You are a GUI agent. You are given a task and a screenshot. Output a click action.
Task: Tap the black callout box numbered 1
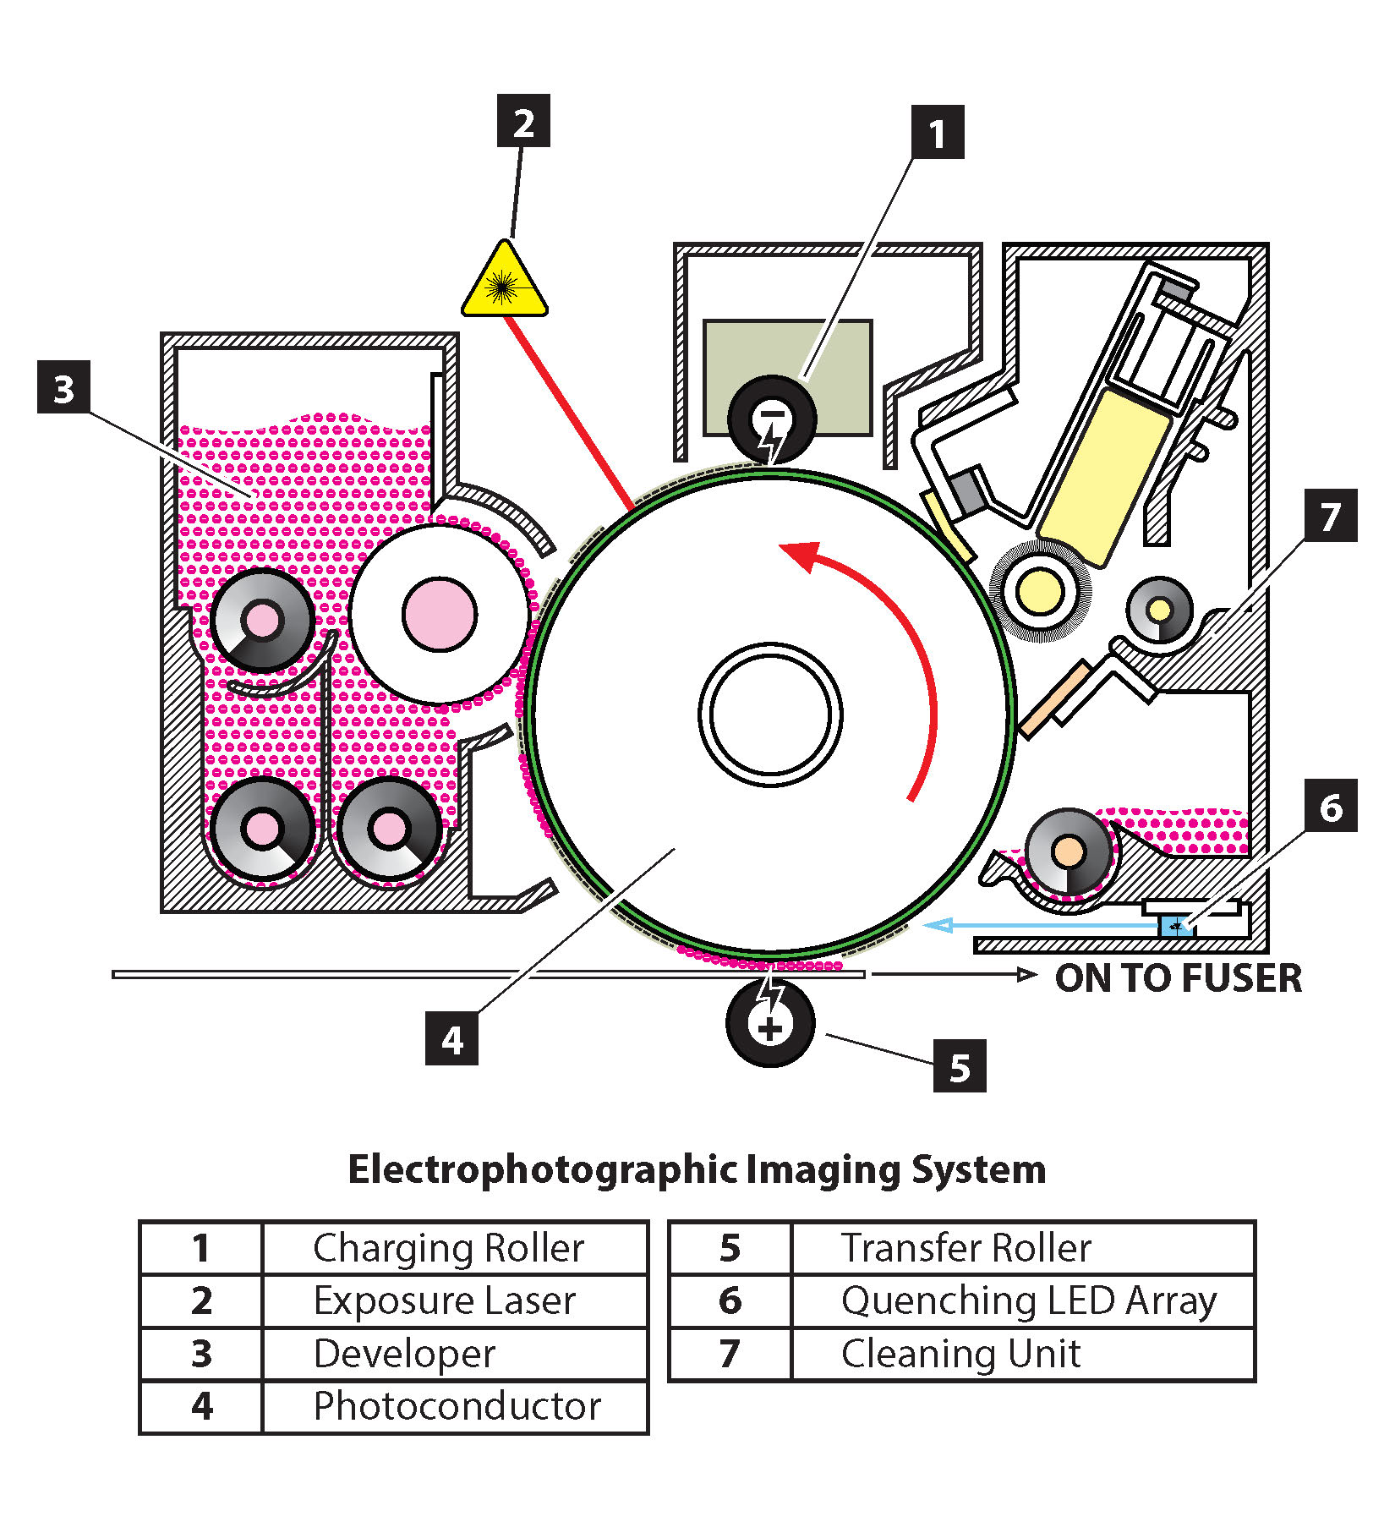tap(937, 133)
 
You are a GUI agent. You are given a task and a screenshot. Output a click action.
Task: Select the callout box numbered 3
tap(63, 387)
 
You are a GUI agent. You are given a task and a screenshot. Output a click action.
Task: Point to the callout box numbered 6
tap(1330, 806)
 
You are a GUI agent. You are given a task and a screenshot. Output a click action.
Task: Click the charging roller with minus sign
tap(771, 419)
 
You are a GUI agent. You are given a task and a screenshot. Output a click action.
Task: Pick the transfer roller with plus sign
tap(769, 1023)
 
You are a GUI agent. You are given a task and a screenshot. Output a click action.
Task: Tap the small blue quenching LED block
tap(1174, 926)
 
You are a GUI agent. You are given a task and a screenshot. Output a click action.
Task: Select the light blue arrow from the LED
tap(1040, 926)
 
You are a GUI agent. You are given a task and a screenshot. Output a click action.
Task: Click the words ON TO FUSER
tap(1178, 977)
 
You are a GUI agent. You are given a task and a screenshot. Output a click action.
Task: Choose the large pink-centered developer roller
tap(439, 615)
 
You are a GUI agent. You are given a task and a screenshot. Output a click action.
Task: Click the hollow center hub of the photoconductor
tap(770, 714)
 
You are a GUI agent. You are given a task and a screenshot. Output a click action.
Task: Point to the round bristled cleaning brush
tap(1041, 591)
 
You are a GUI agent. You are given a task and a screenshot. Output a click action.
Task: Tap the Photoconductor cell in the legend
tap(456, 1407)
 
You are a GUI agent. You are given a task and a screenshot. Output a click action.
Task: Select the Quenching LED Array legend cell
tap(1027, 1300)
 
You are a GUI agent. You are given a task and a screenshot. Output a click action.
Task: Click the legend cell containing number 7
tap(730, 1354)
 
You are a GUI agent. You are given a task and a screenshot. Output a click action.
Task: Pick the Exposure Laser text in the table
tap(444, 1300)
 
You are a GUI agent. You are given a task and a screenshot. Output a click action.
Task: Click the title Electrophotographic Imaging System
tap(697, 1169)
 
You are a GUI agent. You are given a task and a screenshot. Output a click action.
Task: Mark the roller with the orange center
tap(1068, 851)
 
